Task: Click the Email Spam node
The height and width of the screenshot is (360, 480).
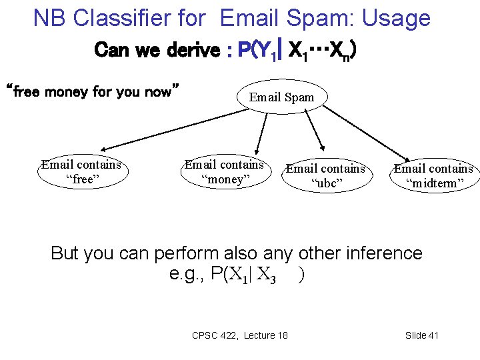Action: tap(282, 97)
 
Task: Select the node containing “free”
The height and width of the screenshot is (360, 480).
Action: tap(81, 171)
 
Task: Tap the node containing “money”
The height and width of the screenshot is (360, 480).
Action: tap(224, 171)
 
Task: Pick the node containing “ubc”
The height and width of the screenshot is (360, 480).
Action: tap(326, 175)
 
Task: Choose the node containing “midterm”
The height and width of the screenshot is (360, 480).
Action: tap(433, 175)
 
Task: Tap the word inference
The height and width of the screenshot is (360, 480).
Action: tap(382, 253)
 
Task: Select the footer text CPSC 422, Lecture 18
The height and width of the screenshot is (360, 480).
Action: tap(240, 335)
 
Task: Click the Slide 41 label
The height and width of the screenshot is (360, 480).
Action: tap(421, 335)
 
